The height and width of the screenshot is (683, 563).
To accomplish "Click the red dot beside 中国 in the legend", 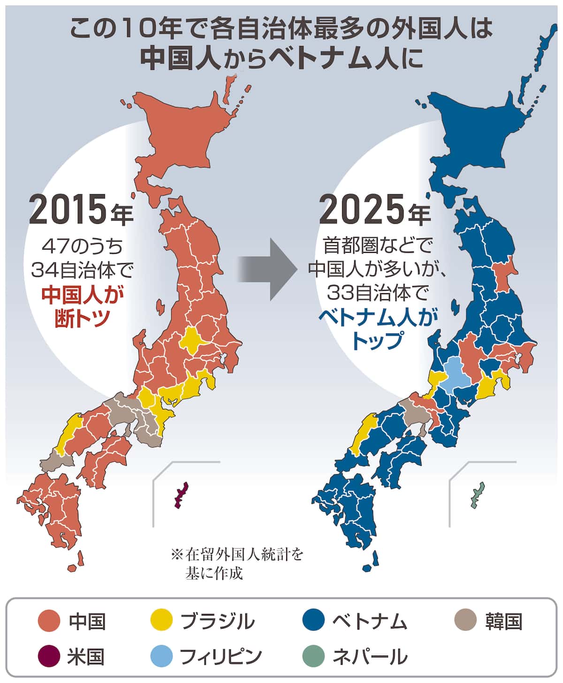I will pyautogui.click(x=49, y=622).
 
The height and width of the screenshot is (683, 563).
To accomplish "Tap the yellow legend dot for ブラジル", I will pyautogui.click(x=161, y=622).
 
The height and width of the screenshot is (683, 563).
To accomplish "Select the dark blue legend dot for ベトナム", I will pyautogui.click(x=313, y=622).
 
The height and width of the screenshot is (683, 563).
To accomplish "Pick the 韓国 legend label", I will pyautogui.click(x=503, y=622).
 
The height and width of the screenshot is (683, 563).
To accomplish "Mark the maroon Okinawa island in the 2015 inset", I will pyautogui.click(x=181, y=495).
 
